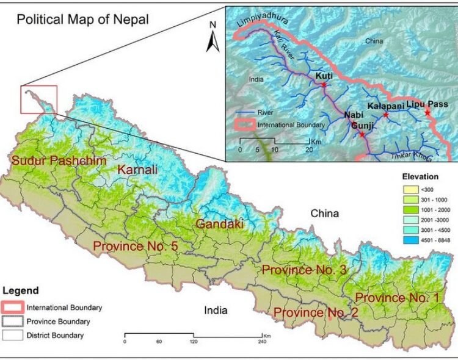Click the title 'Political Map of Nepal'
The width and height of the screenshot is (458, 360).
pos(82,18)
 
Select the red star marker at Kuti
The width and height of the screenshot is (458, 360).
pos(324,85)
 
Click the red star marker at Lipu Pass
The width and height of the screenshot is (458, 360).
pos(427,113)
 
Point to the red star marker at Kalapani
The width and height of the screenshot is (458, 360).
pos(385,114)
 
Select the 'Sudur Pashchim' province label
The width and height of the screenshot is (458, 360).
pos(59,161)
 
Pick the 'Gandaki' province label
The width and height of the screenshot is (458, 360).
pos(219,225)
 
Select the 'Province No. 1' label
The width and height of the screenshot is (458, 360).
pos(397,298)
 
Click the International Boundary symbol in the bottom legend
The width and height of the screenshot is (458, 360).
pos(14,308)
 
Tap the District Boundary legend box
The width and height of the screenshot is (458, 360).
pos(14,335)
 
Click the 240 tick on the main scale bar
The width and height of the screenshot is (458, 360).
pos(263,336)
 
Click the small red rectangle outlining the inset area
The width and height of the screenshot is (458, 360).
pos(38,99)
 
